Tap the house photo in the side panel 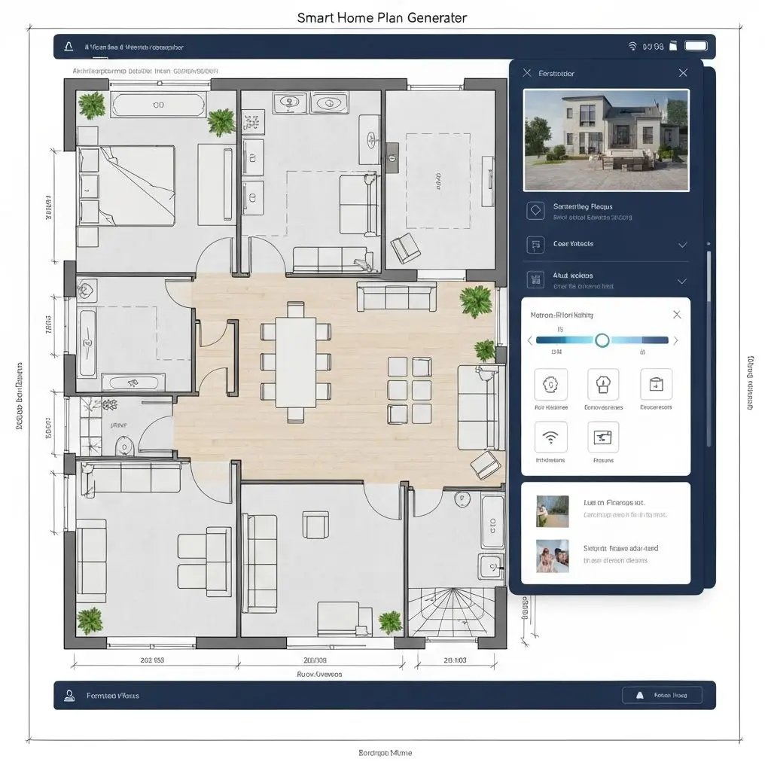click(605, 140)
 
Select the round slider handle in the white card click(602, 340)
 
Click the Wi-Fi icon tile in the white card click(550, 437)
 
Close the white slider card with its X click(676, 315)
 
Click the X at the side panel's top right click(682, 73)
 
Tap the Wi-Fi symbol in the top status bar click(632, 47)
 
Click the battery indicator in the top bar click(695, 47)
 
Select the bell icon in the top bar click(69, 47)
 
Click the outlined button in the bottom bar click(662, 696)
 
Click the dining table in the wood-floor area click(295, 361)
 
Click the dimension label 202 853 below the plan click(152, 660)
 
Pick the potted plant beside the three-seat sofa click(475, 300)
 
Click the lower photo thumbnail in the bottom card click(552, 556)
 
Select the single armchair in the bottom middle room click(315, 524)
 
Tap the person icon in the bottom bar click(69, 696)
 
